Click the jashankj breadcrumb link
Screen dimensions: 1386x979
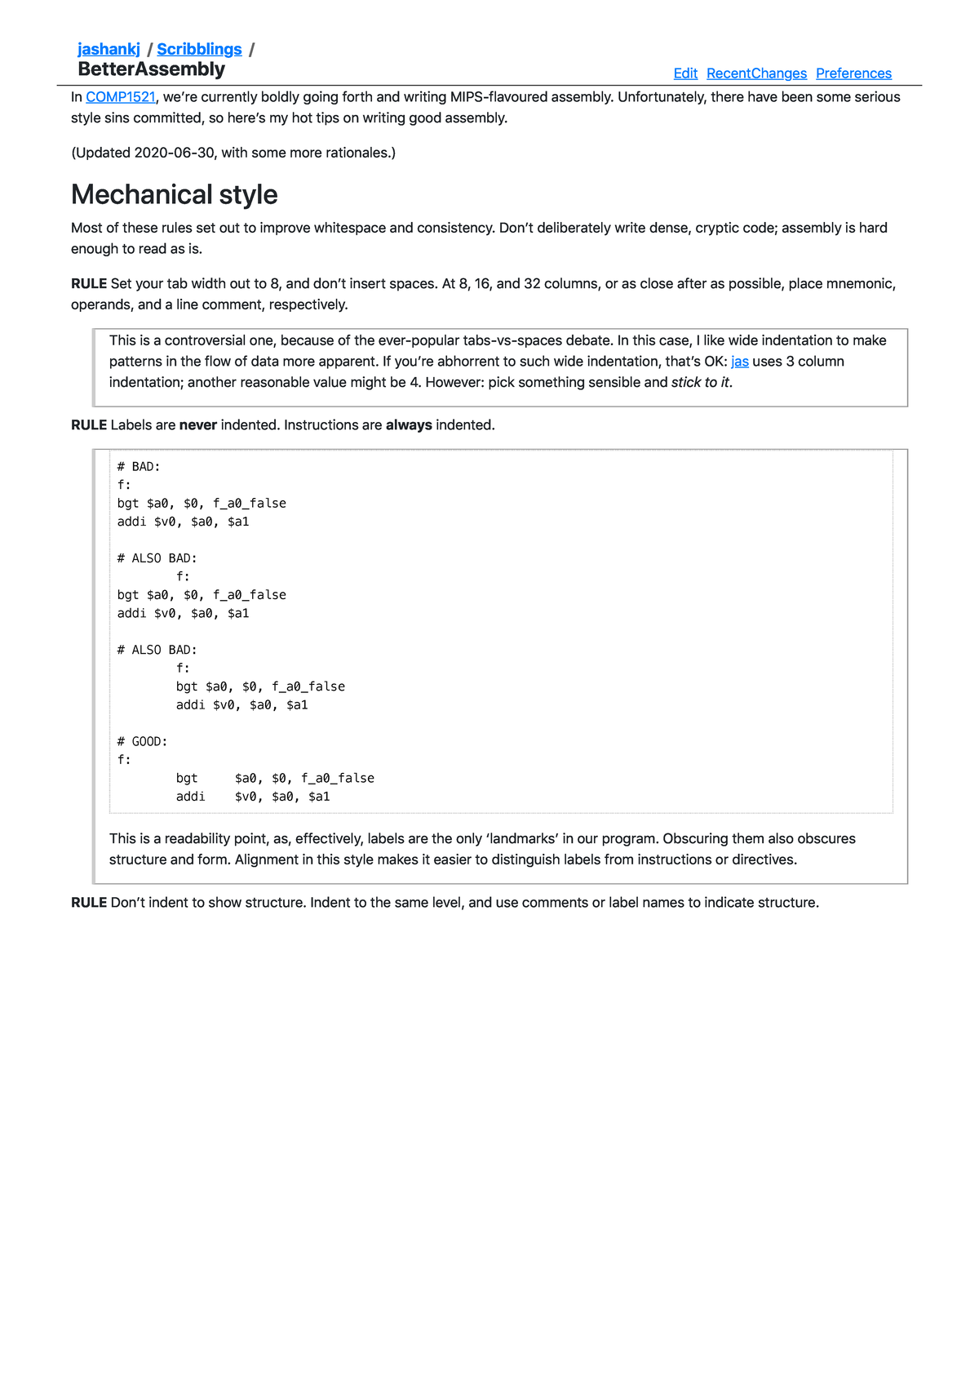(109, 49)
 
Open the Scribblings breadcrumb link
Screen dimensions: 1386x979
(199, 49)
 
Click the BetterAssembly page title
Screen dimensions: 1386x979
(151, 69)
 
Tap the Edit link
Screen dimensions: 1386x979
(685, 73)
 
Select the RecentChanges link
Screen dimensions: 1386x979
(756, 73)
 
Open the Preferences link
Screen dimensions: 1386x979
(853, 73)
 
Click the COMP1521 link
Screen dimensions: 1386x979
(120, 97)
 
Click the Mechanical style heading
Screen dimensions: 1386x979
(174, 194)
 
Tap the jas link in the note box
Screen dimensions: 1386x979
(739, 362)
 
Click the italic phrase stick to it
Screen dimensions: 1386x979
(700, 383)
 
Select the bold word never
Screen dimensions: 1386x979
(197, 425)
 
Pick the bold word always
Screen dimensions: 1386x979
(409, 425)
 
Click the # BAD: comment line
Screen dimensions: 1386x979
(139, 467)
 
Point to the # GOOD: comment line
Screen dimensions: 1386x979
(142, 742)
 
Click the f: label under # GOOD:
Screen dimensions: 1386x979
(124, 760)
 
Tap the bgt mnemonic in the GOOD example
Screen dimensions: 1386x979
(187, 779)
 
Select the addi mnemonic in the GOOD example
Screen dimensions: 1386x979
(191, 797)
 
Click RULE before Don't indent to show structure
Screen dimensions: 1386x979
(89, 903)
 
